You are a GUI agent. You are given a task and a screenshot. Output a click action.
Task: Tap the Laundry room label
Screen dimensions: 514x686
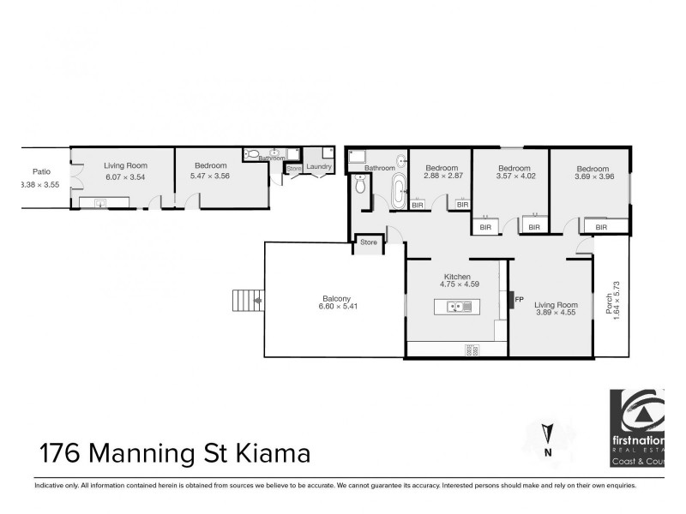click(x=318, y=166)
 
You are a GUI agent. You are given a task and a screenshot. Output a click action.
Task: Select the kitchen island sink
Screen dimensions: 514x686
click(x=456, y=307)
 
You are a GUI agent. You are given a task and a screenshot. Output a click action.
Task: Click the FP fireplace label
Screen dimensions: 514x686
click(x=519, y=299)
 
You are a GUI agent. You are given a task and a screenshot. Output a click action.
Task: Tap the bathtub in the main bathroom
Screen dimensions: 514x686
click(x=397, y=192)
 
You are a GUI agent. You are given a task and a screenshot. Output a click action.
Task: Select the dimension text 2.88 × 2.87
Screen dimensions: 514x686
click(x=442, y=176)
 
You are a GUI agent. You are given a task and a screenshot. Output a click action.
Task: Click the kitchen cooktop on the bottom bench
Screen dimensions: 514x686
click(x=471, y=350)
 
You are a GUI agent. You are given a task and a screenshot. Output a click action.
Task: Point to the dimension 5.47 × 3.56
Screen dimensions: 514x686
click(x=210, y=176)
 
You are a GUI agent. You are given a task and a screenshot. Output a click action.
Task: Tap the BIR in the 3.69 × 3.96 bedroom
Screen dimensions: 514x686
click(x=597, y=227)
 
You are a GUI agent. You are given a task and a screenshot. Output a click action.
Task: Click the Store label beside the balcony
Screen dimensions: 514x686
click(x=368, y=242)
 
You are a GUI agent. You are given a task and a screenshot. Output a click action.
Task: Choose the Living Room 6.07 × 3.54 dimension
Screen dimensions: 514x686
click(x=126, y=176)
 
